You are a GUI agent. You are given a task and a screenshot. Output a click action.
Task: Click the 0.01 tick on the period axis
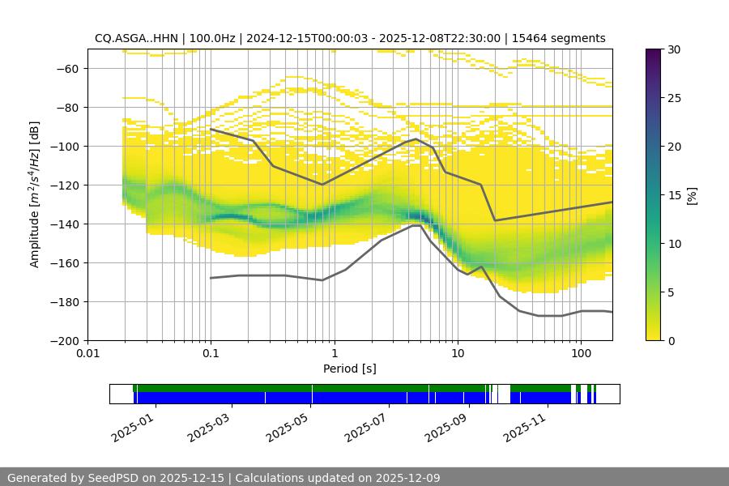click(x=87, y=354)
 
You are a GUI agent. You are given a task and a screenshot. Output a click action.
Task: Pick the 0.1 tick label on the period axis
click(x=211, y=354)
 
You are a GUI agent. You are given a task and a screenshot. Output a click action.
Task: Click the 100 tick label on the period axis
click(x=580, y=354)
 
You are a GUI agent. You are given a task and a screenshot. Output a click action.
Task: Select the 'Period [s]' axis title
click(x=350, y=369)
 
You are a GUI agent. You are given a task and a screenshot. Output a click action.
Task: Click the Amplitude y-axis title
click(x=35, y=194)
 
